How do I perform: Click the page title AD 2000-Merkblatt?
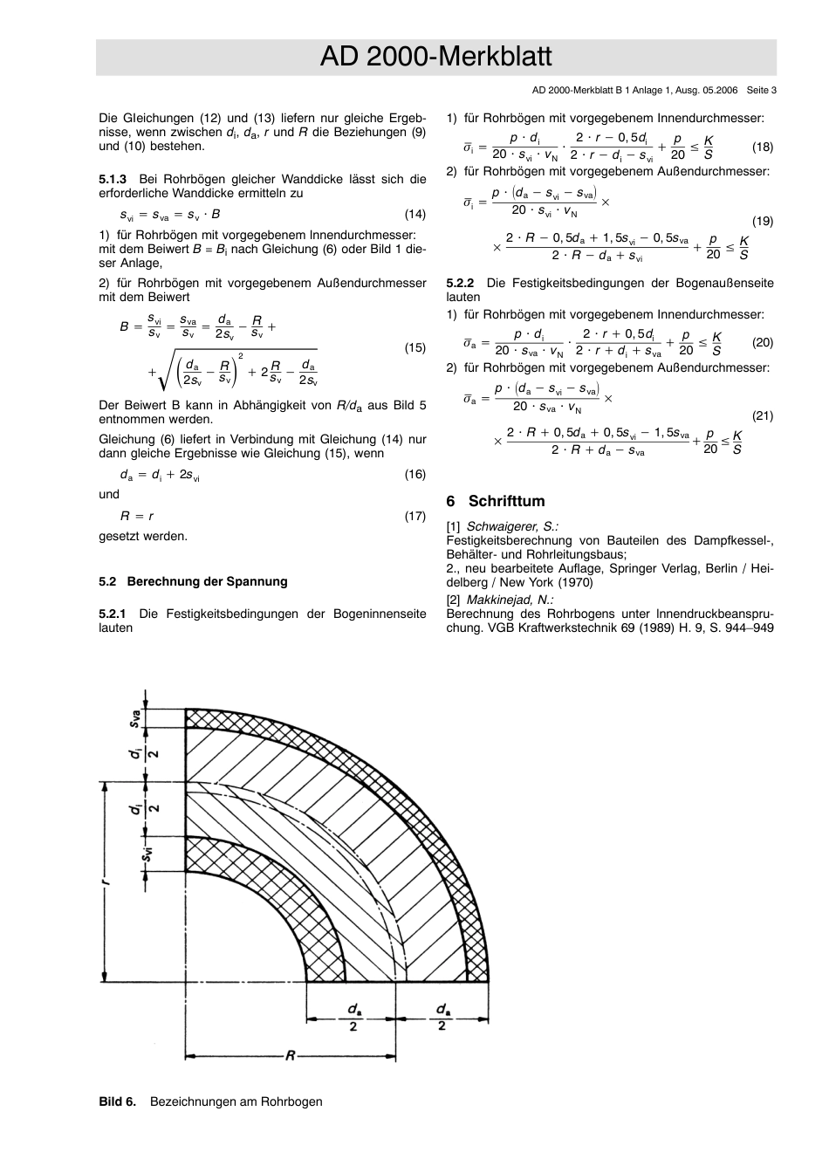[x=435, y=58]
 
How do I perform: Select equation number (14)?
[x=414, y=215]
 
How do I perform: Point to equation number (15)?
[x=414, y=348]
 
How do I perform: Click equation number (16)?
[x=414, y=475]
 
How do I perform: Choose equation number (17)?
[x=414, y=516]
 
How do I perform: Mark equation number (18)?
[x=762, y=147]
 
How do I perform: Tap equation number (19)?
[x=762, y=222]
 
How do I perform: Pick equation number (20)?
[x=762, y=342]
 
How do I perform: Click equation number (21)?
[x=762, y=416]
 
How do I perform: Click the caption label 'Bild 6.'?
[x=118, y=1101]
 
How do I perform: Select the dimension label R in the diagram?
[x=291, y=1056]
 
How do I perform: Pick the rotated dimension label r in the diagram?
[x=105, y=882]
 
